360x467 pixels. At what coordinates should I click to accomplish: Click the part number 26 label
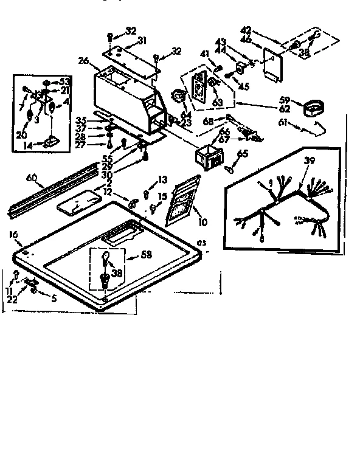pos(83,60)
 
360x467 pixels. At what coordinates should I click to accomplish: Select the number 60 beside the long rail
pos(32,178)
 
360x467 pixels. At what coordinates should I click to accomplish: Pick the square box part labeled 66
pos(207,155)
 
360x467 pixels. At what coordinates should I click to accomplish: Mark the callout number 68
pos(209,122)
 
